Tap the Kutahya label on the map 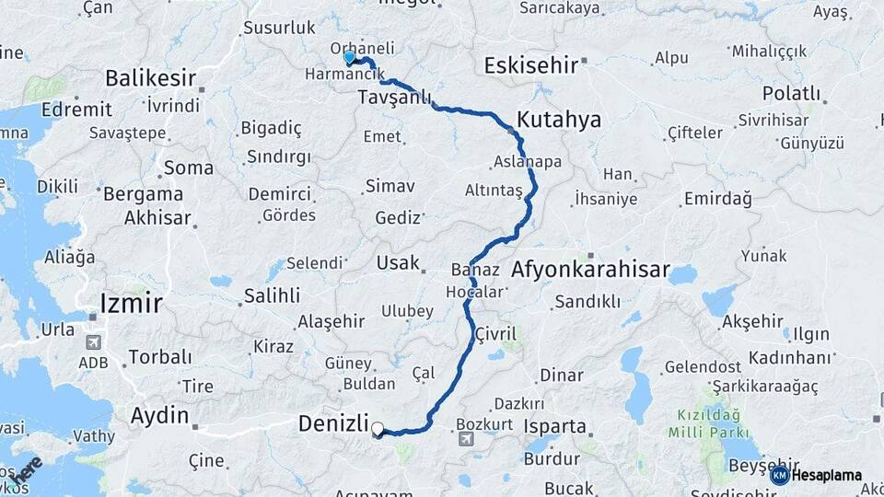[558, 120]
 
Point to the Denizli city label [333, 424]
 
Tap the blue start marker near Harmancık [349, 58]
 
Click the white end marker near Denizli [378, 428]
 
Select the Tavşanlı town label [394, 98]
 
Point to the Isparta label [554, 427]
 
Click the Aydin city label [158, 416]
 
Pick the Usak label [397, 263]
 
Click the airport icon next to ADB [92, 342]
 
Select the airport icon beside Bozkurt [466, 441]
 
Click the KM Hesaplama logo [816, 475]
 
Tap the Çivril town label [496, 333]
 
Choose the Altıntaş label [494, 190]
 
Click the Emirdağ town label [717, 199]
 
